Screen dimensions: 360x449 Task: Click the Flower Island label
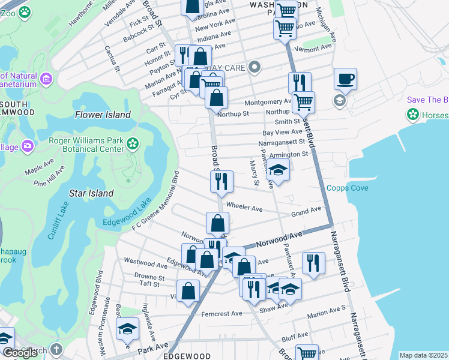coord(103,115)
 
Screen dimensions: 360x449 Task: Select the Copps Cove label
coord(347,188)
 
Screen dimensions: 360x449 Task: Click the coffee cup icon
coord(345,79)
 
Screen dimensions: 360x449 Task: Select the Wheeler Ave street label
coord(244,209)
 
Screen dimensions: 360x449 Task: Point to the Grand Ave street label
coord(306,212)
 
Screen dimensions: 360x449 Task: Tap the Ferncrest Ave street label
coord(221,313)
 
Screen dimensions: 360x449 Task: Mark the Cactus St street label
coord(112,58)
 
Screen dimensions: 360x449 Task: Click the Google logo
coord(19,353)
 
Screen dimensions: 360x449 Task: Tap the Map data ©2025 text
coord(423,355)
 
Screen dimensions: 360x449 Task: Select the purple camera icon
coord(28,146)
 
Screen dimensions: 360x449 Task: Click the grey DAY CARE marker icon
coord(255,67)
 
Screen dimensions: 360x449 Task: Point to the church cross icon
coord(56,349)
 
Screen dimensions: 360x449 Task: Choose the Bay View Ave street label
coord(282,131)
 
